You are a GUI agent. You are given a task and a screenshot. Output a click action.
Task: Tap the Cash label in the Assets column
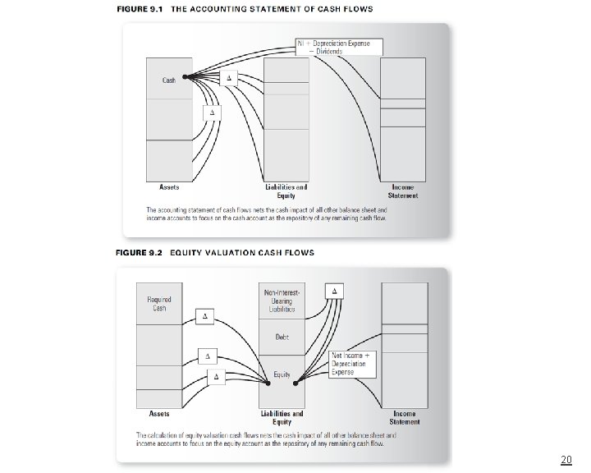click(168, 80)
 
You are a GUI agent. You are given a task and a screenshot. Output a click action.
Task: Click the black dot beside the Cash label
click(186, 78)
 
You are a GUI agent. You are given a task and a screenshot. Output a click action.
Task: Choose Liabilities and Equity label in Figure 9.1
click(286, 191)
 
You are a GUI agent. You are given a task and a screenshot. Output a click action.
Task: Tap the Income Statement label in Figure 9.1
click(403, 191)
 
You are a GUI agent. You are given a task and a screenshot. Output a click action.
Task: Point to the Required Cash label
click(159, 303)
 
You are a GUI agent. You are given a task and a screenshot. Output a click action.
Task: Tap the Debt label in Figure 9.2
click(282, 338)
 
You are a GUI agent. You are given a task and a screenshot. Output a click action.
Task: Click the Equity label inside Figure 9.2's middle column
click(282, 375)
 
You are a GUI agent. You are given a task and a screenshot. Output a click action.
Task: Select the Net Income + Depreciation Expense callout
click(354, 363)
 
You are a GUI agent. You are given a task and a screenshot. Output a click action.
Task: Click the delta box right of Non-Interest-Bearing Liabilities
click(334, 292)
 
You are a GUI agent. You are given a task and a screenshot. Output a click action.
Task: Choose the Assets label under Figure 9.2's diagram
click(160, 413)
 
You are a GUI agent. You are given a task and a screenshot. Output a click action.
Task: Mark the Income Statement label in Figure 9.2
click(405, 417)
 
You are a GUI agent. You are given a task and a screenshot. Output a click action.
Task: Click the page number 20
click(566, 459)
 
